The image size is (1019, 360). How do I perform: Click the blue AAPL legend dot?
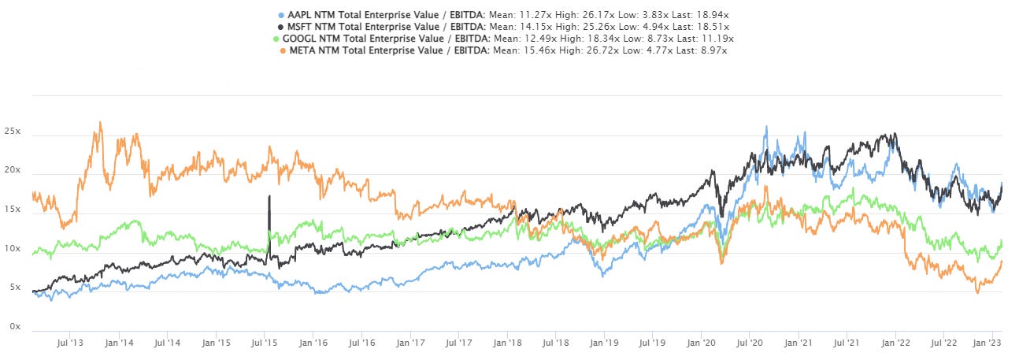pyautogui.click(x=283, y=15)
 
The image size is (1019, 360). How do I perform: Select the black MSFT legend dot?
pyautogui.click(x=283, y=27)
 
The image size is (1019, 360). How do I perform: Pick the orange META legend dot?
pyautogui.click(x=283, y=50)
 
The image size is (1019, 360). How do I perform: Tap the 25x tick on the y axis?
pyautogui.click(x=12, y=135)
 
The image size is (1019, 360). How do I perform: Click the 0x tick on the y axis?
pyautogui.click(x=14, y=325)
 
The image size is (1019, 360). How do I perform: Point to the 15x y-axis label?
pyautogui.click(x=12, y=211)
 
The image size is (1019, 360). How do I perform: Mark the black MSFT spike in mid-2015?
pyautogui.click(x=269, y=196)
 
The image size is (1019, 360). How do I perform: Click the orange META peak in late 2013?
pyautogui.click(x=100, y=123)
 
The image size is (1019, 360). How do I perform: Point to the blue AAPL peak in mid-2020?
pyautogui.click(x=765, y=127)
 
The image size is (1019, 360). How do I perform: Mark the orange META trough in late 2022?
pyautogui.click(x=977, y=292)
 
